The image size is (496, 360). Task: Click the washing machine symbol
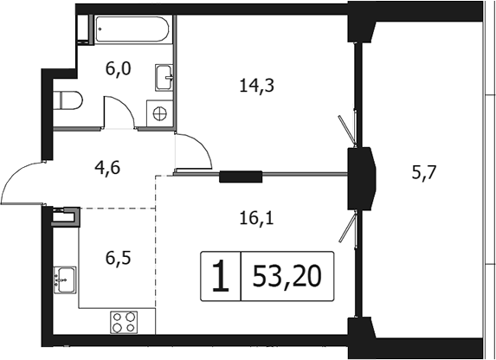pos(159,112)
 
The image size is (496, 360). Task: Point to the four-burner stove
pos(124,322)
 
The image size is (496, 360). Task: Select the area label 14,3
pos(252,85)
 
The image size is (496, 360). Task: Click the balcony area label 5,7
pos(424,171)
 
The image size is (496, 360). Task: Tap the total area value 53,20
pos(287,276)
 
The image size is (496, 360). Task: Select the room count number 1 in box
pos(221,277)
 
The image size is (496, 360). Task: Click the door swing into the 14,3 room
pos(194,152)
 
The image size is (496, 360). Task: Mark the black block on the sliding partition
pos(241,177)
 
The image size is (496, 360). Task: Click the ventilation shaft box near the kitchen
pos(67,216)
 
